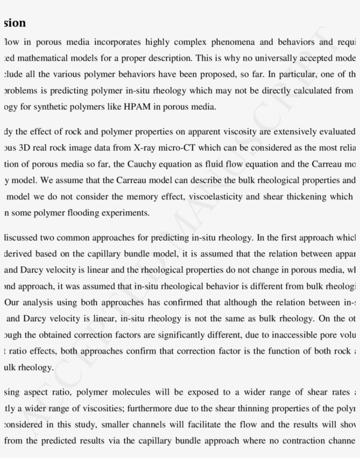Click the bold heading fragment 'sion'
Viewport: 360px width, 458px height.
[x=14, y=22]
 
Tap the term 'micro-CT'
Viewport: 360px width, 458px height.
[x=172, y=148]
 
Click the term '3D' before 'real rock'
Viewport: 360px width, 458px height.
[x=25, y=148]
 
